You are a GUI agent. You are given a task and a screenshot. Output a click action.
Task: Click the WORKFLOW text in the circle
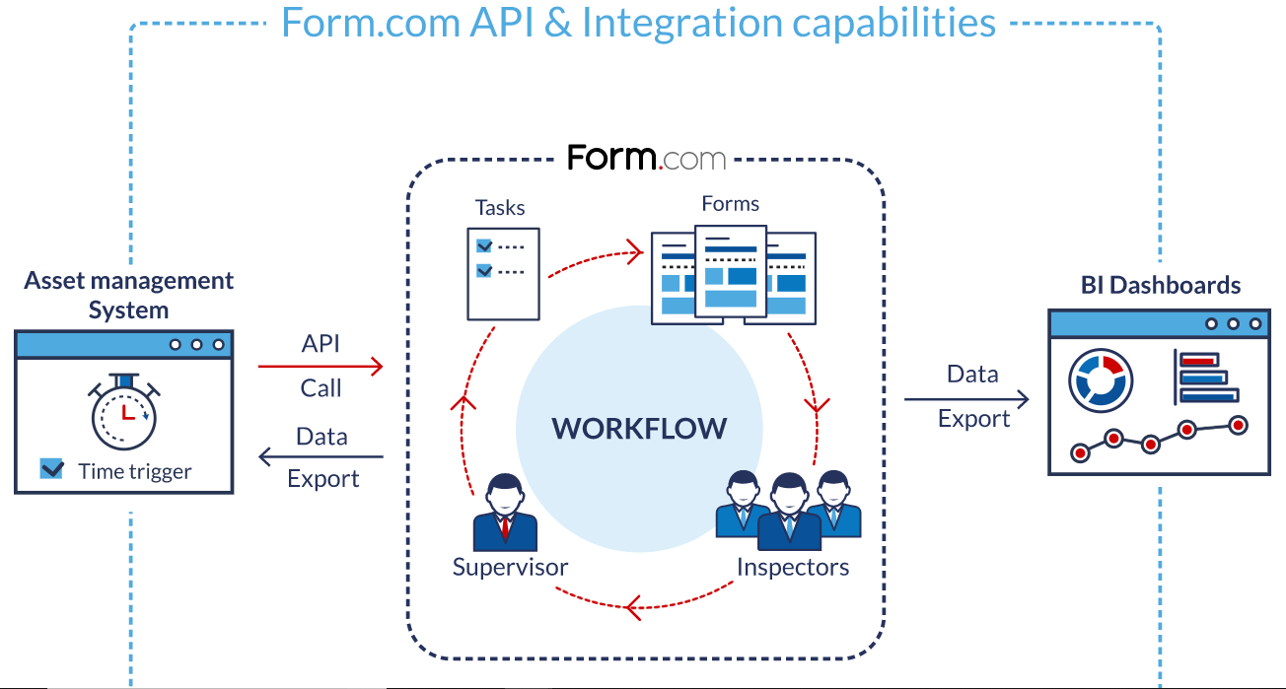click(639, 428)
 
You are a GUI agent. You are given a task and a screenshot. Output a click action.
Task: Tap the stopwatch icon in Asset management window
click(124, 412)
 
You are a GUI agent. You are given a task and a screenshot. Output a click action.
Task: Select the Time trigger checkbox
click(51, 469)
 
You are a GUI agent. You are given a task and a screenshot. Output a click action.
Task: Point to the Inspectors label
click(792, 568)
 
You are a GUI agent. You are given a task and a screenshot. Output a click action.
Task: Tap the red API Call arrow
click(321, 367)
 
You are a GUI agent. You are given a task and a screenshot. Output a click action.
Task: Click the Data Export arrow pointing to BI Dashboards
click(966, 399)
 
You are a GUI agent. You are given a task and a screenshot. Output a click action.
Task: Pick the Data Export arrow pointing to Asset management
click(321, 456)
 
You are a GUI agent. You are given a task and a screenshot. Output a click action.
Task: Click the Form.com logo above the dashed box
click(646, 158)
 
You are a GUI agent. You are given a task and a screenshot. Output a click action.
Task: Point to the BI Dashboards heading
click(1160, 286)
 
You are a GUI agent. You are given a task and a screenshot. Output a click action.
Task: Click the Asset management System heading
click(128, 295)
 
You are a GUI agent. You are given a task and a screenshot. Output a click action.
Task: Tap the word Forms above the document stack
click(730, 204)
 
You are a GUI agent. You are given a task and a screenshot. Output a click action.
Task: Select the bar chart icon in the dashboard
click(1206, 377)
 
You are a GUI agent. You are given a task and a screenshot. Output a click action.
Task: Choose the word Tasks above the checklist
click(500, 207)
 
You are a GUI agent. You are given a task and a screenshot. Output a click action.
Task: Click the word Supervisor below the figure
click(510, 568)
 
